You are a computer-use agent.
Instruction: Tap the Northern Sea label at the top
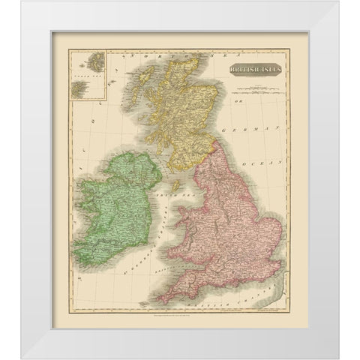coord(172,58)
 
